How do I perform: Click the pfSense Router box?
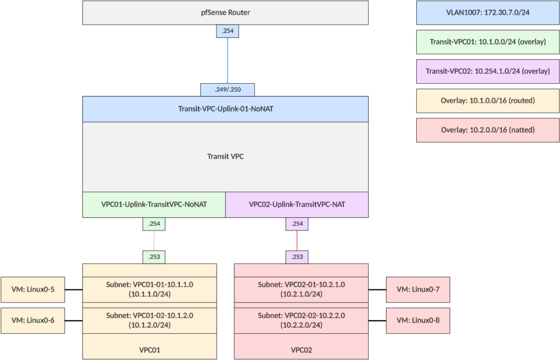tap(225, 13)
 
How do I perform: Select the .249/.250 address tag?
tap(227, 89)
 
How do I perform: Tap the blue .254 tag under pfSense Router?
tap(227, 31)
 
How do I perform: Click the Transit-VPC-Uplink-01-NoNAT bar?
tap(225, 109)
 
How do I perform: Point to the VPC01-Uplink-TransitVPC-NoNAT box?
tap(154, 205)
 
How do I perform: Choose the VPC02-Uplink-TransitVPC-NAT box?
tap(297, 205)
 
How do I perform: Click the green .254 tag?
tap(154, 224)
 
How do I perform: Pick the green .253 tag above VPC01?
tap(154, 256)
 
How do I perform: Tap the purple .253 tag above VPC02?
tap(297, 256)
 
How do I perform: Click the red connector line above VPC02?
tap(297, 240)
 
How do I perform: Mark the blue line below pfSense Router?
tap(227, 60)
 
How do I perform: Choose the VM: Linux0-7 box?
tap(418, 289)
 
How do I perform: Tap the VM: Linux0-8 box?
tap(418, 320)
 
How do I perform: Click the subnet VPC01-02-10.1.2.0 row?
tap(149, 320)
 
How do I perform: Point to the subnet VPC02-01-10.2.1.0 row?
tap(301, 289)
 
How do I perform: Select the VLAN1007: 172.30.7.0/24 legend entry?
tap(487, 13)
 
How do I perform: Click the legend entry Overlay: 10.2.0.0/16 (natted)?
tap(487, 130)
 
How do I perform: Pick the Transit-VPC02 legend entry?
tap(487, 71)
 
